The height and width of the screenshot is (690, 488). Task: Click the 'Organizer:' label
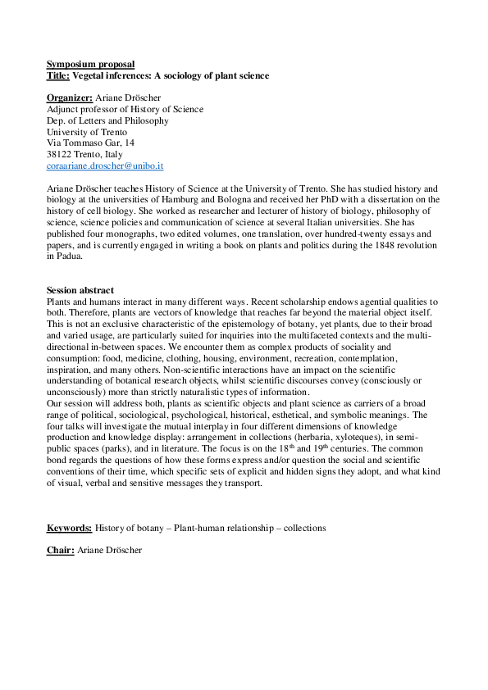click(70, 98)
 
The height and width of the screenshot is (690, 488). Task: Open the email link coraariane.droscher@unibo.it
click(105, 166)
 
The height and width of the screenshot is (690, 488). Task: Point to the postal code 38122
click(59, 154)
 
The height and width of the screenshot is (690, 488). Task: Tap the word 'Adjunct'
click(63, 109)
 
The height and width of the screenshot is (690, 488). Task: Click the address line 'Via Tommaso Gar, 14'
click(90, 143)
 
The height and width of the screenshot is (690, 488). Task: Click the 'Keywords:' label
click(69, 528)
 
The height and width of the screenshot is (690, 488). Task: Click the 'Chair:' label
click(60, 551)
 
